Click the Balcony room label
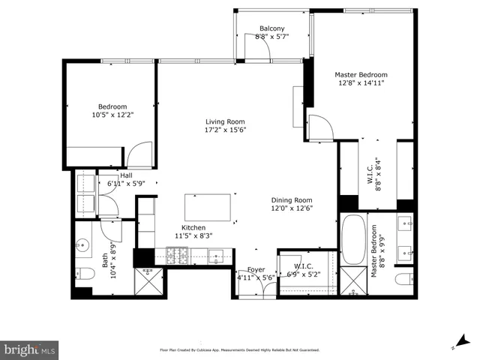pyautogui.click(x=271, y=28)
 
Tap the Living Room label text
pyautogui.click(x=226, y=121)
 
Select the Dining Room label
pyautogui.click(x=292, y=200)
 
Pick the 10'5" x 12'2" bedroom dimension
pyautogui.click(x=111, y=115)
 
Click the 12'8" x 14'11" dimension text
pyautogui.click(x=361, y=83)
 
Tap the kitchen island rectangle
pyautogui.click(x=208, y=205)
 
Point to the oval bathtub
pyautogui.click(x=352, y=239)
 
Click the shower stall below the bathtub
pyautogui.click(x=352, y=282)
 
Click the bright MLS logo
pyautogui.click(x=30, y=349)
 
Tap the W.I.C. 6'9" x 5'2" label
pyautogui.click(x=303, y=269)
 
